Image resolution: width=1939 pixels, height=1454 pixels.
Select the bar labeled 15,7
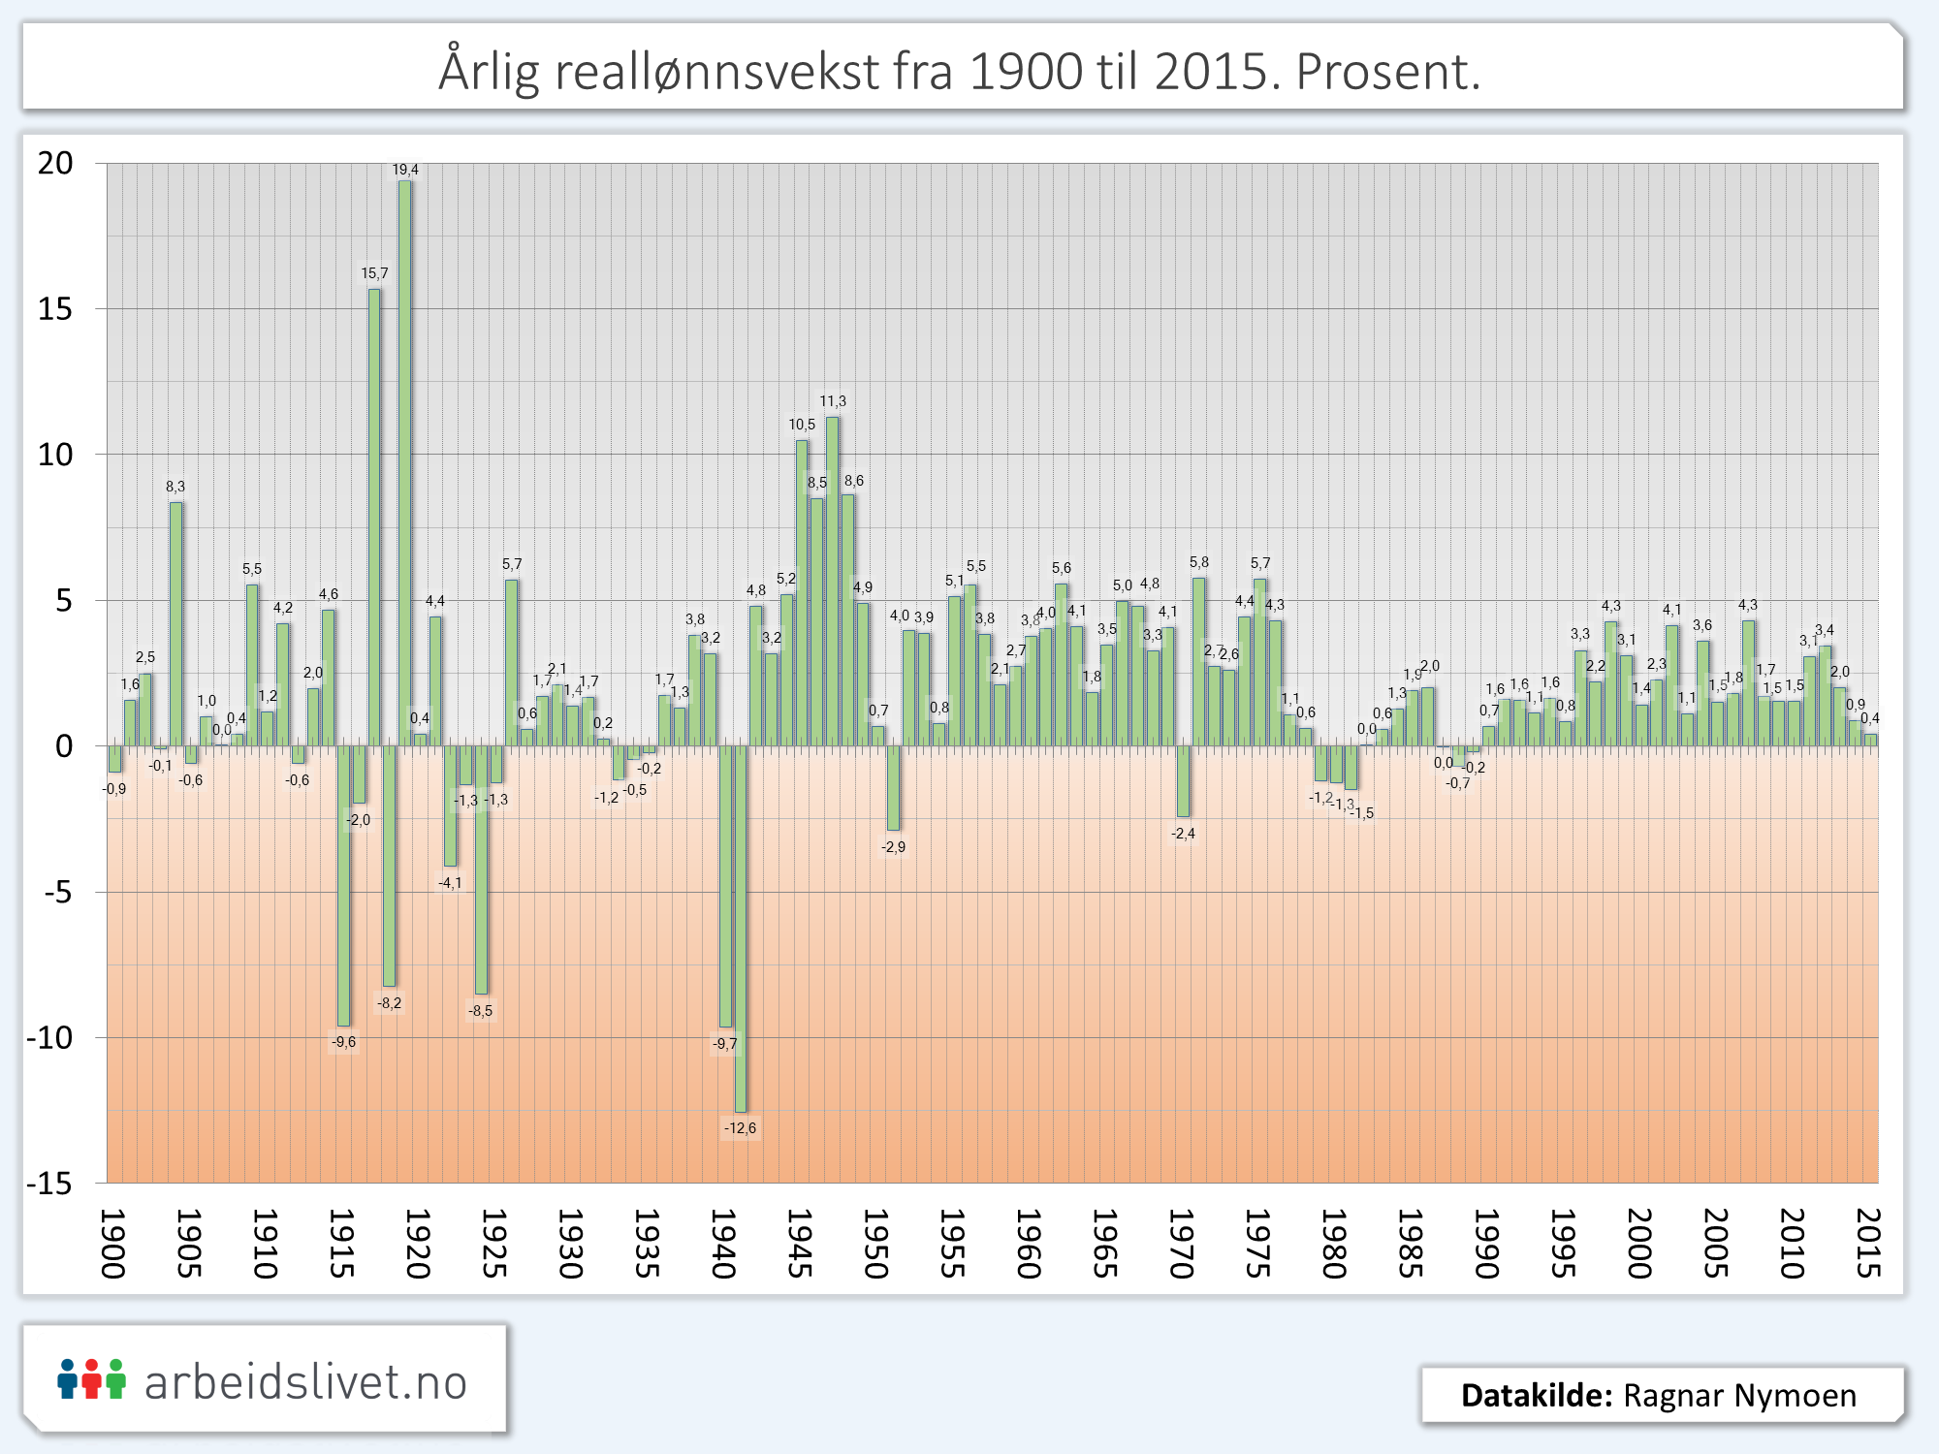[x=374, y=518]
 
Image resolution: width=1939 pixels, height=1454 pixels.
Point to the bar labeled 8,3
[x=175, y=624]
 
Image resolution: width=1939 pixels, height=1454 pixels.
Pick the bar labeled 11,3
[x=832, y=582]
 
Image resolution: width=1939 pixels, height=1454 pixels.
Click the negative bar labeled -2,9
[x=893, y=787]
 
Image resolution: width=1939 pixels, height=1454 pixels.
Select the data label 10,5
[x=802, y=425]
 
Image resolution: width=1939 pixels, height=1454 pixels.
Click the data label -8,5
[x=481, y=1011]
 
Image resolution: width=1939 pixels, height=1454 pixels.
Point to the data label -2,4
[x=1183, y=834]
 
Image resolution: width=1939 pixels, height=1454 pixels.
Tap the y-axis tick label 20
[x=55, y=163]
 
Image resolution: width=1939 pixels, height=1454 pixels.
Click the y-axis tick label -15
[x=49, y=1184]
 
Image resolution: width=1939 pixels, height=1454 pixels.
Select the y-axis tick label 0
[x=64, y=746]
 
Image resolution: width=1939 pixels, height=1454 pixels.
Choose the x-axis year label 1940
[x=724, y=1244]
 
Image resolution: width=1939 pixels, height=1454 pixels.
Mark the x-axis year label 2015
[x=1868, y=1244]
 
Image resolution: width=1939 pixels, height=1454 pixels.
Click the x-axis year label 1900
[x=113, y=1244]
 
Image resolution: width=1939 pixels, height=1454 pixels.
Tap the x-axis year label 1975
[x=1258, y=1244]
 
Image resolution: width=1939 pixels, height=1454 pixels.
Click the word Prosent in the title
[x=1387, y=71]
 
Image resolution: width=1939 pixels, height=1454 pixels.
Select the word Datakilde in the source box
[x=1537, y=1396]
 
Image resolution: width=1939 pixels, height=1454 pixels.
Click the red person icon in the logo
[x=91, y=1379]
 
